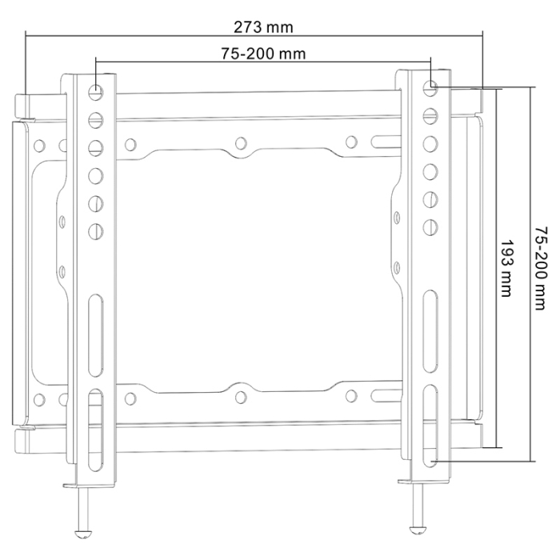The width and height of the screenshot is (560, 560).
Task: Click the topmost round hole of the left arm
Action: (x=96, y=91)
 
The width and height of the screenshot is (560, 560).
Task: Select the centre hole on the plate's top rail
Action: (x=240, y=145)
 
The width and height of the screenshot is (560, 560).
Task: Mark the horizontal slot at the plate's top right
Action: (x=384, y=144)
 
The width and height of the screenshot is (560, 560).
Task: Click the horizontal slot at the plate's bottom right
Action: (x=384, y=395)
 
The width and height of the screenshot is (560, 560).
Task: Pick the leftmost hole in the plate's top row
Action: (x=38, y=146)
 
